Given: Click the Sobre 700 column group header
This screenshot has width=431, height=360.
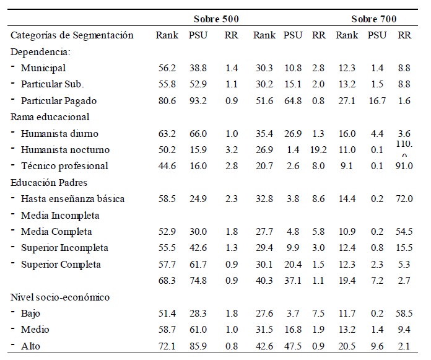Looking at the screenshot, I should (373, 19).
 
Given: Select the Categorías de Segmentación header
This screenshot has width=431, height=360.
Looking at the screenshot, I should (72, 35).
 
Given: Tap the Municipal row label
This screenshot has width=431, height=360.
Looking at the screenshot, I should (43, 68).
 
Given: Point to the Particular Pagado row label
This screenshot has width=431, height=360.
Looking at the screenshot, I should (58, 100).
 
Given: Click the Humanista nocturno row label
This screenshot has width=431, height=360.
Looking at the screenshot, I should (64, 149).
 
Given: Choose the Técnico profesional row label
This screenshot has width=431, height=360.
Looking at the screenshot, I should (64, 165).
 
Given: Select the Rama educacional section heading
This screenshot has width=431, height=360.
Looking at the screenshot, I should (50, 116).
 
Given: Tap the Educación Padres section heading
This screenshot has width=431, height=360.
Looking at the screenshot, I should (48, 182).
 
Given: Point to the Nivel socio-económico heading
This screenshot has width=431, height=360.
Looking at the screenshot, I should (60, 297).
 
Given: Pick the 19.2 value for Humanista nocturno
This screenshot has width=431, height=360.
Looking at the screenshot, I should (318, 149).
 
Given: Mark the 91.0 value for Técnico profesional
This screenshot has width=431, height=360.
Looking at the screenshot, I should (404, 165).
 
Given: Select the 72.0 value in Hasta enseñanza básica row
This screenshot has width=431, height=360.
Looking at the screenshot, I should (404, 198).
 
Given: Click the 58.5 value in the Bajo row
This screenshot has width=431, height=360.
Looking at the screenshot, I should (404, 313).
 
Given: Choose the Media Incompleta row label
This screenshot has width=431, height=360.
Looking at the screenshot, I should (60, 215).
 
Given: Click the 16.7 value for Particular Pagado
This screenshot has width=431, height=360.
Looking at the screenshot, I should (377, 100).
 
